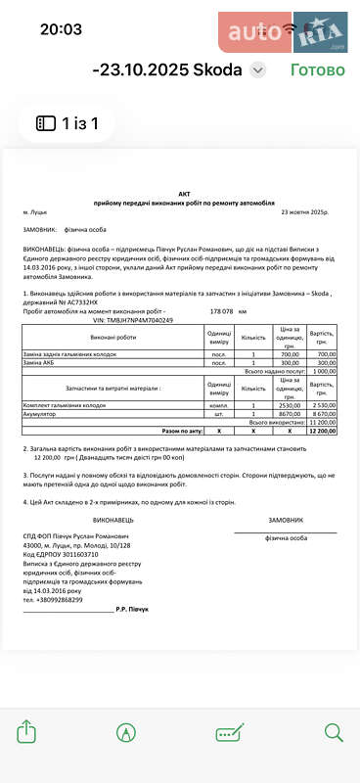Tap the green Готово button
317,69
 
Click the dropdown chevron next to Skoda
257,69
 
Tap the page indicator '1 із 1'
74,123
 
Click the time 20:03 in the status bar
61,28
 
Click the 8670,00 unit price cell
289,414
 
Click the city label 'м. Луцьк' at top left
39,211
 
